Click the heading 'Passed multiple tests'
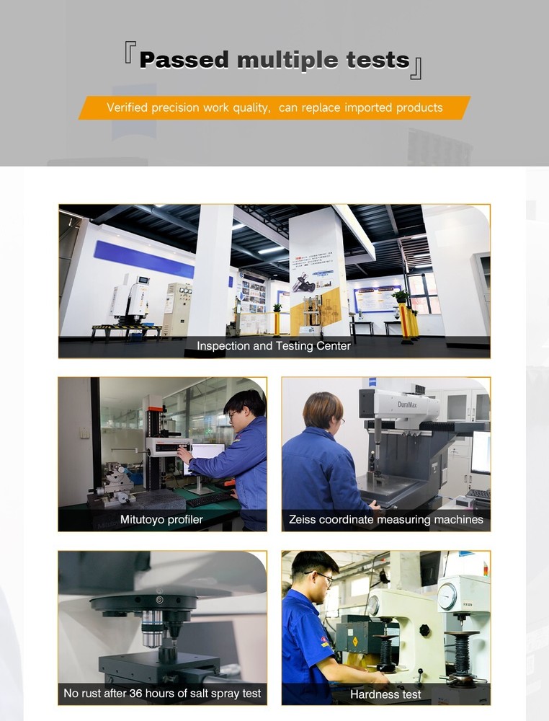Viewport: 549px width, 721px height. (274, 60)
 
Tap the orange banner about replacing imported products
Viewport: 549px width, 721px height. (274, 107)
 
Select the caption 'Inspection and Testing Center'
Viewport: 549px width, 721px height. (274, 346)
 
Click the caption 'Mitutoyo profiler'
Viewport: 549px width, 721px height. (161, 519)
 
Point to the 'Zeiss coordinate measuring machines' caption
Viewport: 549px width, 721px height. (385, 519)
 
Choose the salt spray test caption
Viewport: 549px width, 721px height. (162, 694)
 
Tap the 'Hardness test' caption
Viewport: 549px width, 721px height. (385, 694)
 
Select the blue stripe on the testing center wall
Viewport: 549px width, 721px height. (144, 260)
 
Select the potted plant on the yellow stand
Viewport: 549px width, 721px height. (401, 296)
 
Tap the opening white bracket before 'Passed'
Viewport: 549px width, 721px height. (130, 53)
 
